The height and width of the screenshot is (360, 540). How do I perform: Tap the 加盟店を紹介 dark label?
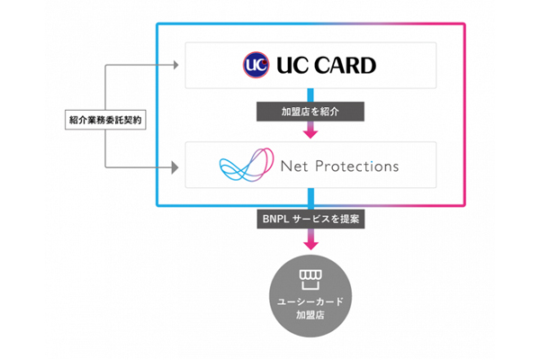(309, 113)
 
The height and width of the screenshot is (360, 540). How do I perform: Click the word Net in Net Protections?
(293, 166)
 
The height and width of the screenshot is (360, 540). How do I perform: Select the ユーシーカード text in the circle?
(310, 300)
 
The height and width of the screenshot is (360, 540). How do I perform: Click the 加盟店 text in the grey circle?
(310, 313)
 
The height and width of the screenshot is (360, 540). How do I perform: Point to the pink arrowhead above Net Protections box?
(310, 134)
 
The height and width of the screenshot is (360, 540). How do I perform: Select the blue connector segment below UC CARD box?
(310, 95)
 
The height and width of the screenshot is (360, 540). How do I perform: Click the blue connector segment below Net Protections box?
(310, 197)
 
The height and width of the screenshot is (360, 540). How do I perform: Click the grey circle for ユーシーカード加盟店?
(310, 292)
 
